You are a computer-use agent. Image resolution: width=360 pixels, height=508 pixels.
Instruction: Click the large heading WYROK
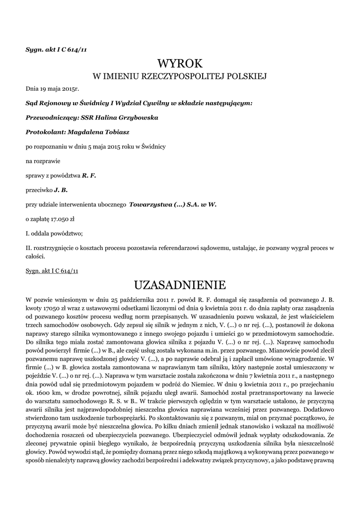[180, 63]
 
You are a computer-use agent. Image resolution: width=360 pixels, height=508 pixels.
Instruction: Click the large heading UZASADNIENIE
[180, 285]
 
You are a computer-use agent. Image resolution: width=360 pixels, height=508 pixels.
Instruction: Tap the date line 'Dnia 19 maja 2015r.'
[52, 89]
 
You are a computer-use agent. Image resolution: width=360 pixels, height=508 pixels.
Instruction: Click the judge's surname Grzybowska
[137, 118]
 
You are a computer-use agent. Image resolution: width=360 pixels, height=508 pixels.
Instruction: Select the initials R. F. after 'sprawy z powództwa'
[89, 176]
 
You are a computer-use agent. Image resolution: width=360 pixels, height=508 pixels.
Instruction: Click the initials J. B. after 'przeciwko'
[61, 190]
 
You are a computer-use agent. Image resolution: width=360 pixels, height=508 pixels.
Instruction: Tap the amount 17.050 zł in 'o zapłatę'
[62, 218]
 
